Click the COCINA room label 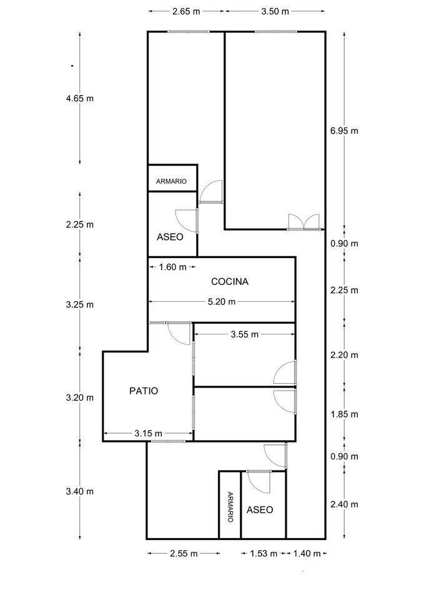pos(229,282)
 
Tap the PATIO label pos(144,391)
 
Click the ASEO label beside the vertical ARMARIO pos(260,510)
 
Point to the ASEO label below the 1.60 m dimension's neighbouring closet pos(170,237)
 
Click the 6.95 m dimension pos(345,131)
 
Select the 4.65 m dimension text pos(79,98)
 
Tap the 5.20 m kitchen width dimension pos(222,302)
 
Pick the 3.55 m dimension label pos(244,334)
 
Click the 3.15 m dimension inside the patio pos(148,433)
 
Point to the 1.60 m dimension pos(173,267)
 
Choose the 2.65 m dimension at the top pos(186,11)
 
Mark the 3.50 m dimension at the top pos(275,11)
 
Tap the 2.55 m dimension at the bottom pos(184,553)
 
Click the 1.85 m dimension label pos(345,414)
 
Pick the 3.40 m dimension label pos(79,491)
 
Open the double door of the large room pos(303,222)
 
